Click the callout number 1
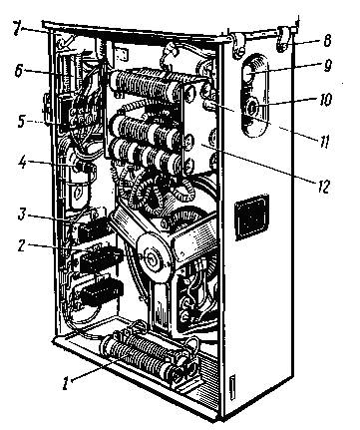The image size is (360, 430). pyautogui.click(x=66, y=383)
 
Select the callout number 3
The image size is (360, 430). pyautogui.click(x=23, y=215)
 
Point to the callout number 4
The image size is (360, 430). pyautogui.click(x=23, y=162)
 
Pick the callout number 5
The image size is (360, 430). pyautogui.click(x=22, y=121)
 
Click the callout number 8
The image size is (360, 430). pyautogui.click(x=327, y=41)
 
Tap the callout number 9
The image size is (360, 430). pyautogui.click(x=327, y=66)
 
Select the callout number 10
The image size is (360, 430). pyautogui.click(x=326, y=99)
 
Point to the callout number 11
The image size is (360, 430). pyautogui.click(x=324, y=142)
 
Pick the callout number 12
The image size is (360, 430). pyautogui.click(x=322, y=187)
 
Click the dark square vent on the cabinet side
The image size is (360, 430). pyautogui.click(x=251, y=217)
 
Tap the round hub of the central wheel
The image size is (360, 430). pyautogui.click(x=154, y=259)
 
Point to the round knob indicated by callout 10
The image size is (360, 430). pyautogui.click(x=252, y=108)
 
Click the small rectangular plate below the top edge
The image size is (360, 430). pyautogui.click(x=122, y=54)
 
